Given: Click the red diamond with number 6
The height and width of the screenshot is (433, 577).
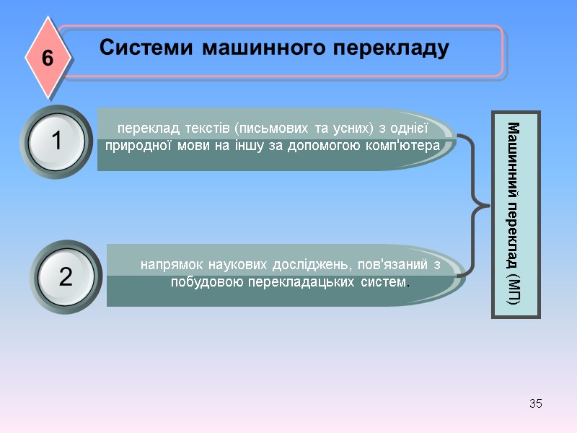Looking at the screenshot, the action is coord(48,58).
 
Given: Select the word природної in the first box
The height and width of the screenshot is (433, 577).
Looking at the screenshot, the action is coord(138,145).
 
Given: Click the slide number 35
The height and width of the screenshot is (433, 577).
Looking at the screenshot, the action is coord(535,403).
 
